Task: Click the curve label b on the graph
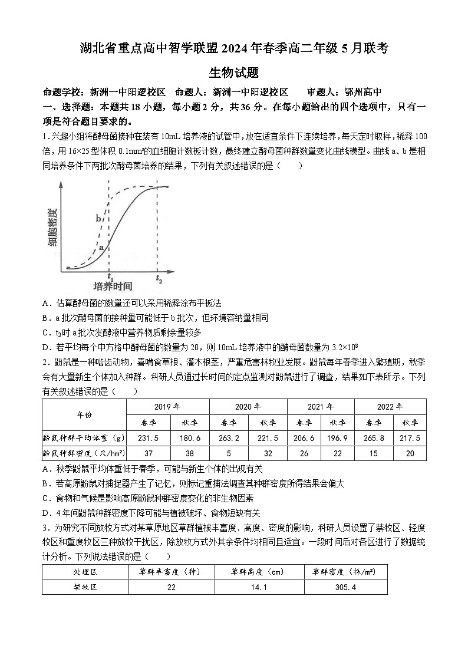tap(98, 219)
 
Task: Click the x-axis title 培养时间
tap(113, 287)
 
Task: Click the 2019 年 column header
tap(167, 407)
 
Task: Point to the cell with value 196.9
tap(338, 438)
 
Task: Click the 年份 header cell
tap(84, 414)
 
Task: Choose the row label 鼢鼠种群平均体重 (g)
tap(84, 438)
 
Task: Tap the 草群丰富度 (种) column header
tap(171, 572)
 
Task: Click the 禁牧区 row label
tap(85, 587)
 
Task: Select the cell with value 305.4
tap(346, 587)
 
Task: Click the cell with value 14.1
tap(259, 587)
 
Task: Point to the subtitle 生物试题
tap(233, 73)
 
